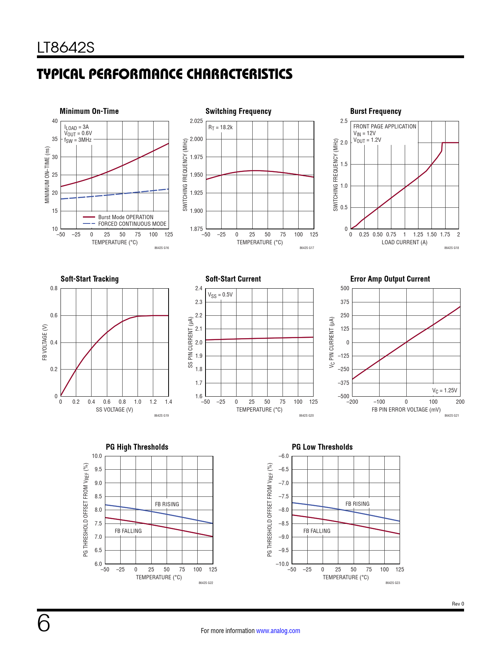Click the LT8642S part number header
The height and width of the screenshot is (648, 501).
66,48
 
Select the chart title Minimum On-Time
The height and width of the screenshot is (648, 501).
89,111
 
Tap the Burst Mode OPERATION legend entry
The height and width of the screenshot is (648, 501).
126,217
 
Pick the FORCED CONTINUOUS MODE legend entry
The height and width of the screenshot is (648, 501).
132,224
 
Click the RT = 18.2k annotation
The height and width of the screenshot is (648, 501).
220,127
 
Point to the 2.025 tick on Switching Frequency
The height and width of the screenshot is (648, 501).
196,121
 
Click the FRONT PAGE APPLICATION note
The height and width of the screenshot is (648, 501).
384,126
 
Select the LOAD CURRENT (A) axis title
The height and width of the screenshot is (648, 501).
404,242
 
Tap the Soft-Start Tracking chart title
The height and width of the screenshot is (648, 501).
90,279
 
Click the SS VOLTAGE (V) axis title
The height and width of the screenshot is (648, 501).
114,410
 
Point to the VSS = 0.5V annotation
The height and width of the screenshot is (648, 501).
220,295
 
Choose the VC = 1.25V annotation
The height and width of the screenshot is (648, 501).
444,390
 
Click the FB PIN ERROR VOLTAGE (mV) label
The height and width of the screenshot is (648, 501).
406,410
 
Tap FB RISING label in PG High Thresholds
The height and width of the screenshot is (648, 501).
167,504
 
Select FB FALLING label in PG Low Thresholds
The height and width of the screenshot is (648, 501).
317,531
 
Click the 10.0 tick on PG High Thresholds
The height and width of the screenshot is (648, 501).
97,456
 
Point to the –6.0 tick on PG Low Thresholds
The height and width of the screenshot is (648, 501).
283,456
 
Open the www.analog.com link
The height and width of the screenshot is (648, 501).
278,631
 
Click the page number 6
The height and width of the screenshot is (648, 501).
44,623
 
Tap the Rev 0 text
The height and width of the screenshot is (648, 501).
458,604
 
